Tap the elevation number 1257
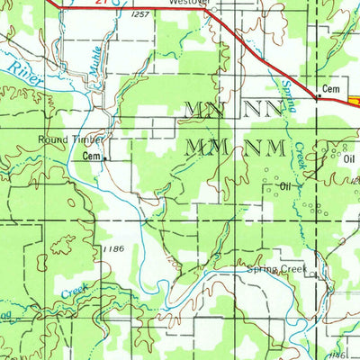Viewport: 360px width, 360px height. [139, 15]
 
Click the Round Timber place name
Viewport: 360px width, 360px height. [71, 139]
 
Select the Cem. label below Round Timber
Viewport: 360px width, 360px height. [91, 155]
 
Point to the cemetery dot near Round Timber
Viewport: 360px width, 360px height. [104, 158]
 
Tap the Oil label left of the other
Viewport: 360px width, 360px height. [286, 185]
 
